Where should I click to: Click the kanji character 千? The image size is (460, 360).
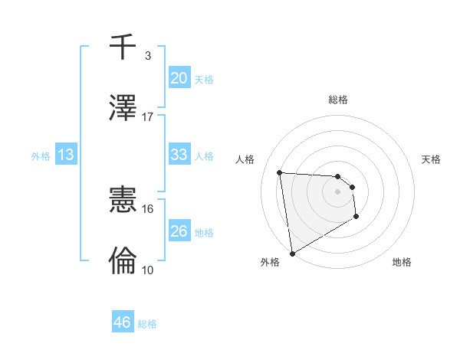[x=123, y=47]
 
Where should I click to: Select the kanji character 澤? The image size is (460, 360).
[x=123, y=108]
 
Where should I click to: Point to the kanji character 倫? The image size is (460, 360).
[x=123, y=260]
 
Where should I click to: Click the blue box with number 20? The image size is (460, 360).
[x=179, y=78]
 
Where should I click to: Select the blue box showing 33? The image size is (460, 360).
[x=179, y=155]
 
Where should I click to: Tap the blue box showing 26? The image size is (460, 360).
[x=179, y=231]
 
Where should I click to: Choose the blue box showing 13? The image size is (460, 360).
[x=66, y=155]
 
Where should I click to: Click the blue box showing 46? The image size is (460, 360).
[x=123, y=322]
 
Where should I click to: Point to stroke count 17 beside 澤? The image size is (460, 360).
[x=148, y=117]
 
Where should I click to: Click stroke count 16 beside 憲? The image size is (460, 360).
[x=148, y=208]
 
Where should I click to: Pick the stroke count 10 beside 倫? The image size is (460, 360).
[x=148, y=270]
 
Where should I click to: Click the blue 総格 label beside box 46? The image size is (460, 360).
[x=147, y=324]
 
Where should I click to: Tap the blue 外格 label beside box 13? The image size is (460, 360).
[x=41, y=155]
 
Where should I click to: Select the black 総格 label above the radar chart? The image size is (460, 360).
[x=337, y=100]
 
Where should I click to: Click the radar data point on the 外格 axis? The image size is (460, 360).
[x=292, y=253]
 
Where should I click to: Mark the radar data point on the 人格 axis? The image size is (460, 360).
[x=280, y=172]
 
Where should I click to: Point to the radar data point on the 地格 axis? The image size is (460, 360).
[x=356, y=217]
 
